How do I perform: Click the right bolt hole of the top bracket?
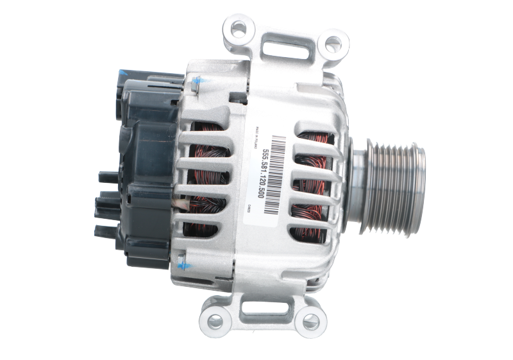[332, 43]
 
